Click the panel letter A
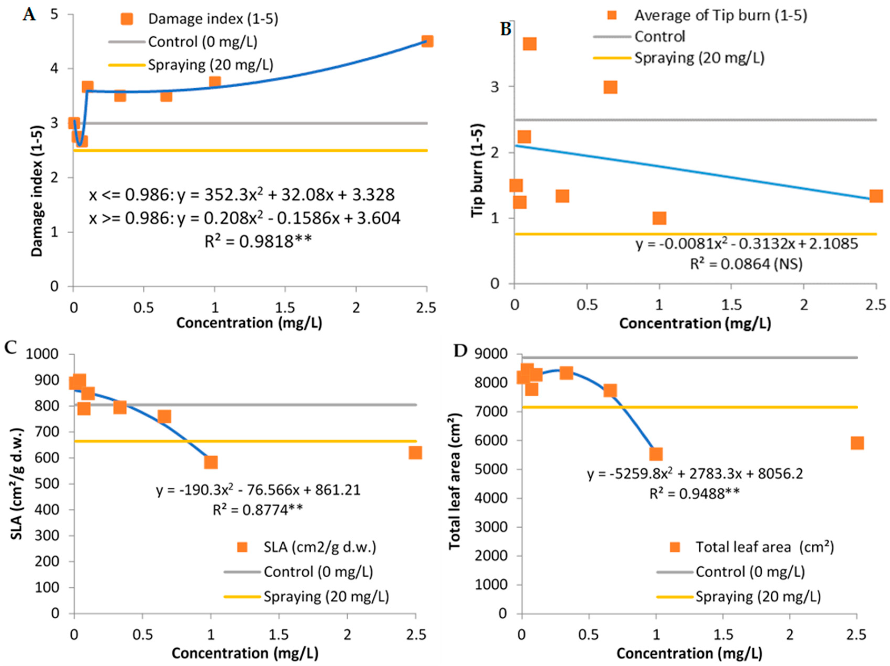click(x=29, y=15)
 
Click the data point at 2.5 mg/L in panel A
click(x=427, y=41)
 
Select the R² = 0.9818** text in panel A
click(x=258, y=242)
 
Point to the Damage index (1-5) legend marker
click(x=127, y=19)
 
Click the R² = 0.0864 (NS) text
click(x=746, y=264)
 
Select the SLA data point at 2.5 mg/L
click(x=415, y=453)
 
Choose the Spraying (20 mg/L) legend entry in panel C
click(x=326, y=596)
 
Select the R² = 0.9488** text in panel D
click(x=694, y=493)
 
